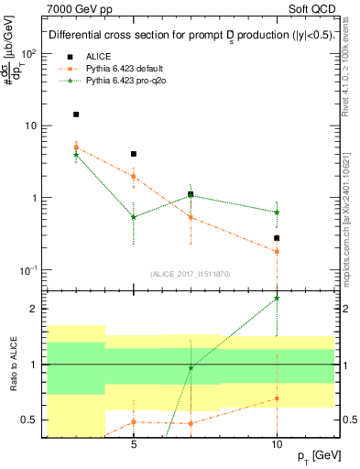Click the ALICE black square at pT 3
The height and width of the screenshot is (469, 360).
(x=76, y=115)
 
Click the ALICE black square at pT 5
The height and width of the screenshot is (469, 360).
(x=134, y=154)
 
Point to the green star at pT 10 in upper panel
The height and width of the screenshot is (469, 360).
(x=277, y=212)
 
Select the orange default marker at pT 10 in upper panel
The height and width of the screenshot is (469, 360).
(x=277, y=251)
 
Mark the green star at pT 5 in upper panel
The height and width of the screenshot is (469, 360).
(x=134, y=217)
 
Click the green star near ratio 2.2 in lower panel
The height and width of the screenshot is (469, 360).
(x=277, y=298)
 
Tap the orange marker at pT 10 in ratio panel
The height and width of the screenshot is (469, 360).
(x=277, y=398)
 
